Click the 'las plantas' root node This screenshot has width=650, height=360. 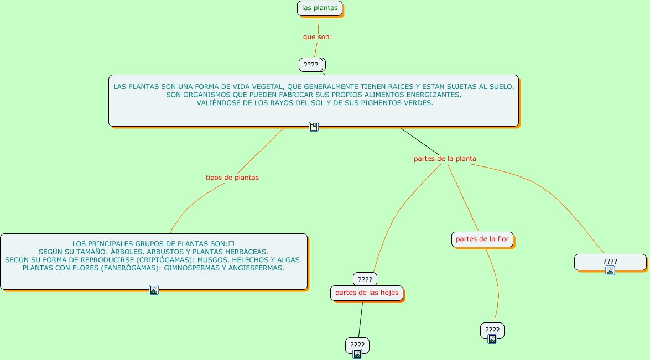(x=320, y=8)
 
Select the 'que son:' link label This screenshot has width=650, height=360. (x=318, y=37)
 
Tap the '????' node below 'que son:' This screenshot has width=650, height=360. (x=311, y=65)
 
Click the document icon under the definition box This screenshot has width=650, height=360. (x=314, y=127)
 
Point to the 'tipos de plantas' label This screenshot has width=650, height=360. (x=232, y=178)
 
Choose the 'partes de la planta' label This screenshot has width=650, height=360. (x=445, y=159)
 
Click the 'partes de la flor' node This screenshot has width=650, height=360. (x=482, y=239)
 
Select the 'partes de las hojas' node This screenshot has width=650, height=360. (x=367, y=293)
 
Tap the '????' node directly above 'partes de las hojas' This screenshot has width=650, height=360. (x=365, y=279)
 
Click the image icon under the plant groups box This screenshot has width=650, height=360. (x=154, y=290)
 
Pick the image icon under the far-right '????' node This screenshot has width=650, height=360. (x=610, y=270)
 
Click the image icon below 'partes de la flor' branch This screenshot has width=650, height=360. (x=492, y=340)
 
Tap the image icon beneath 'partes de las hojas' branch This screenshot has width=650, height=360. (x=357, y=354)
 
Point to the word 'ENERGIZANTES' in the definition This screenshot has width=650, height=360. (x=434, y=95)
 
